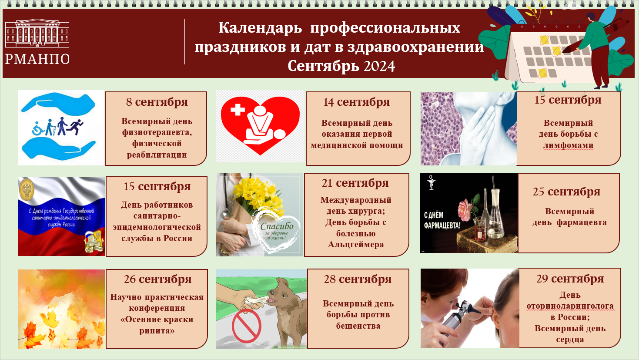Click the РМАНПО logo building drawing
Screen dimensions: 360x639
pyautogui.click(x=37, y=33)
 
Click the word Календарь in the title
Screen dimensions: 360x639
pyautogui.click(x=260, y=27)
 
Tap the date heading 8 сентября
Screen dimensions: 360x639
pyautogui.click(x=157, y=102)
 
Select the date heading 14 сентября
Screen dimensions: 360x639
pyautogui.click(x=356, y=102)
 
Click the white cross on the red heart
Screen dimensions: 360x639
pyautogui.click(x=238, y=109)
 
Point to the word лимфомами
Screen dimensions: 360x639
pyautogui.click(x=568, y=145)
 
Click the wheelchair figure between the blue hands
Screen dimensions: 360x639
pyautogui.click(x=38, y=128)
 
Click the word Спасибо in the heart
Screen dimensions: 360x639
pyautogui.click(x=277, y=226)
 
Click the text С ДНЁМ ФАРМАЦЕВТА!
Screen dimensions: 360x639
pyautogui.click(x=442, y=220)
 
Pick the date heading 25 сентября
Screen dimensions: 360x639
pyautogui.click(x=566, y=192)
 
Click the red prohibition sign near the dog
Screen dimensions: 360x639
pyautogui.click(x=246, y=326)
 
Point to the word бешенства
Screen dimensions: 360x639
pyautogui.click(x=358, y=326)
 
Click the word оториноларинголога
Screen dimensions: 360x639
pyautogui.click(x=570, y=306)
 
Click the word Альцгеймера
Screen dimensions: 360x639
pyautogui.click(x=356, y=244)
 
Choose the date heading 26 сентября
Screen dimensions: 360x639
pyautogui.click(x=157, y=279)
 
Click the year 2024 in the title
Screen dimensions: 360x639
pyautogui.click(x=379, y=66)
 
